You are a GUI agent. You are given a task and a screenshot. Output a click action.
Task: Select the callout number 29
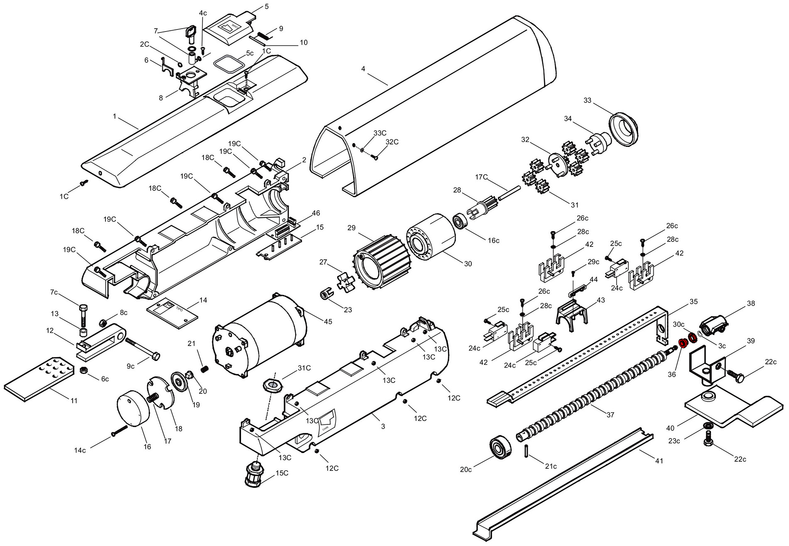(x=351, y=228)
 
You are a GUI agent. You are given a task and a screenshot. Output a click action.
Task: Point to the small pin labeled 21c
(x=526, y=451)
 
